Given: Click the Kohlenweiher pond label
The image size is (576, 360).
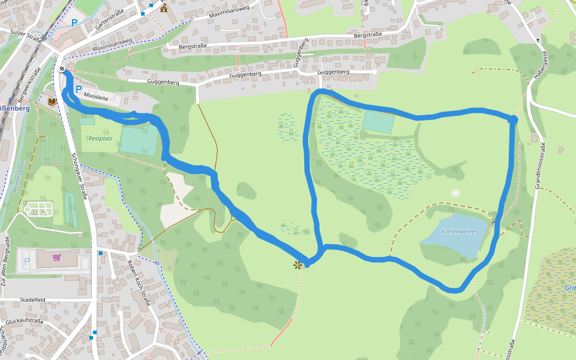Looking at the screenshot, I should coord(459,231).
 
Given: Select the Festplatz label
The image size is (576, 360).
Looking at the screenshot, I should coord(101,139).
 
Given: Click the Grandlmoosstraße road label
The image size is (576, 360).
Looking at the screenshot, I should coord(541,165).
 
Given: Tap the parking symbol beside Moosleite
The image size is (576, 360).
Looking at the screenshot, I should coord(79,89).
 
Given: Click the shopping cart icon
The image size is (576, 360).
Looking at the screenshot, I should coord(57,257).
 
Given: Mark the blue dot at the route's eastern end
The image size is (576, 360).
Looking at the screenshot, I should coord(512,119).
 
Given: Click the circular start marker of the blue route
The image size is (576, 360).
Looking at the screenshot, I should coord(62,70).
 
